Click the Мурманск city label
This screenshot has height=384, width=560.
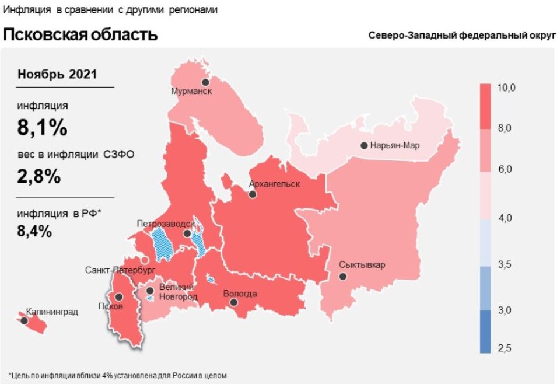pyautogui.click(x=191, y=92)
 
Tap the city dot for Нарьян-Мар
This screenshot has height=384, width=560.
pyautogui.click(x=365, y=145)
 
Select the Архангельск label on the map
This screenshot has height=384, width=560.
pyautogui.click(x=274, y=184)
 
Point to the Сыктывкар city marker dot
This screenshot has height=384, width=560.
pyautogui.click(x=343, y=277)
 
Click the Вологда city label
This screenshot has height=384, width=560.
pyautogui.click(x=240, y=294)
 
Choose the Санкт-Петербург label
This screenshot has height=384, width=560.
pyautogui.click(x=120, y=270)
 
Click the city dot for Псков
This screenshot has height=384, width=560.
pyautogui.click(x=119, y=297)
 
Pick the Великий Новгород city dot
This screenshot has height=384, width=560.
pyautogui.click(x=150, y=290)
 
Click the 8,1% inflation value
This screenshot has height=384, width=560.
pyautogui.click(x=42, y=128)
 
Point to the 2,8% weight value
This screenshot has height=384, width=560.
pyautogui.click(x=38, y=176)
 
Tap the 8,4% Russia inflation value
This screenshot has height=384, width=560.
pyautogui.click(x=34, y=231)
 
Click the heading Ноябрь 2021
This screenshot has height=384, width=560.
pyautogui.click(x=57, y=74)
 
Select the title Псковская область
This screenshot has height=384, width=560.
pyautogui.click(x=80, y=34)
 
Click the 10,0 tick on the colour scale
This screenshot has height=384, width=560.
pyautogui.click(x=506, y=88)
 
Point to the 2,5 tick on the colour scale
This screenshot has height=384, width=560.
pyautogui.click(x=505, y=348)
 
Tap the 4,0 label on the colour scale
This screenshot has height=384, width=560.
pyautogui.click(x=505, y=218)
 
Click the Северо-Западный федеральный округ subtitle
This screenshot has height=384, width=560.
pyautogui.click(x=462, y=35)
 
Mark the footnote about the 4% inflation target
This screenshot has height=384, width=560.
pyautogui.click(x=117, y=375)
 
